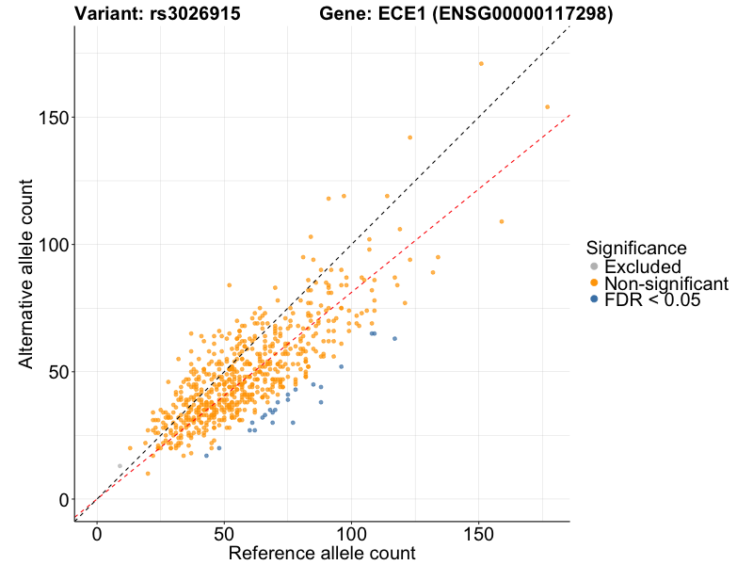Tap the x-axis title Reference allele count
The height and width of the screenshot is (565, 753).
[321, 553]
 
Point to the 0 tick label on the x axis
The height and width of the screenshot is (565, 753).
[97, 533]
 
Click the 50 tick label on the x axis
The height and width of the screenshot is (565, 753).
[224, 533]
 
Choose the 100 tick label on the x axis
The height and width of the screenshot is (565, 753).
[351, 533]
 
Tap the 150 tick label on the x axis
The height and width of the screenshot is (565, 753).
[478, 533]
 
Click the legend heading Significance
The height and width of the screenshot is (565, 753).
[636, 248]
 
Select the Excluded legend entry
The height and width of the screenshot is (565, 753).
[642, 267]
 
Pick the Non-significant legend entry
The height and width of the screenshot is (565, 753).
[665, 283]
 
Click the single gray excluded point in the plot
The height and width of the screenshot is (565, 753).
[120, 466]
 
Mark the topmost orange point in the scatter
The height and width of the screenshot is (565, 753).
[481, 64]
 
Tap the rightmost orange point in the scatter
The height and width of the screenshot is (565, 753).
[547, 107]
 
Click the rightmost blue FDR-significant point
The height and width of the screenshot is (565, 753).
[394, 338]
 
